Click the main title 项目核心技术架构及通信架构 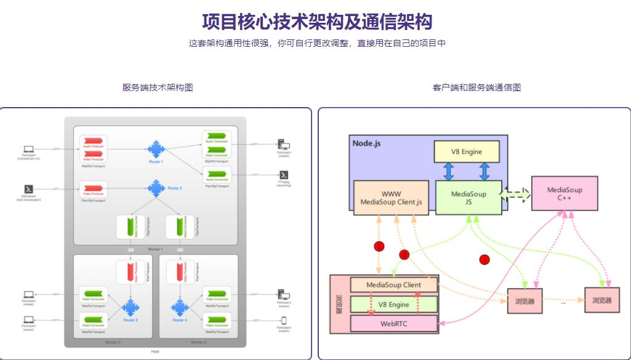coord(317,22)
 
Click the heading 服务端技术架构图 coord(158,87)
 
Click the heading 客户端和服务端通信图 coord(476,87)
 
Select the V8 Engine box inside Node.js coord(466,151)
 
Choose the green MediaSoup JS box coord(468,198)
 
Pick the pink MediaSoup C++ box coord(565,194)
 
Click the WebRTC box coord(395,323)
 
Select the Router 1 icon coord(156,148)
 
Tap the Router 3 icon coord(131,306)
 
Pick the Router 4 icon coord(180,306)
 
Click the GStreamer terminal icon coord(28,189)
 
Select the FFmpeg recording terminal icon coord(284,175)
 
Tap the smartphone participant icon coord(284,320)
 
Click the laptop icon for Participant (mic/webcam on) coord(28,149)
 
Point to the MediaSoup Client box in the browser coord(394,285)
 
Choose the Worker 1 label coord(155,248)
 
